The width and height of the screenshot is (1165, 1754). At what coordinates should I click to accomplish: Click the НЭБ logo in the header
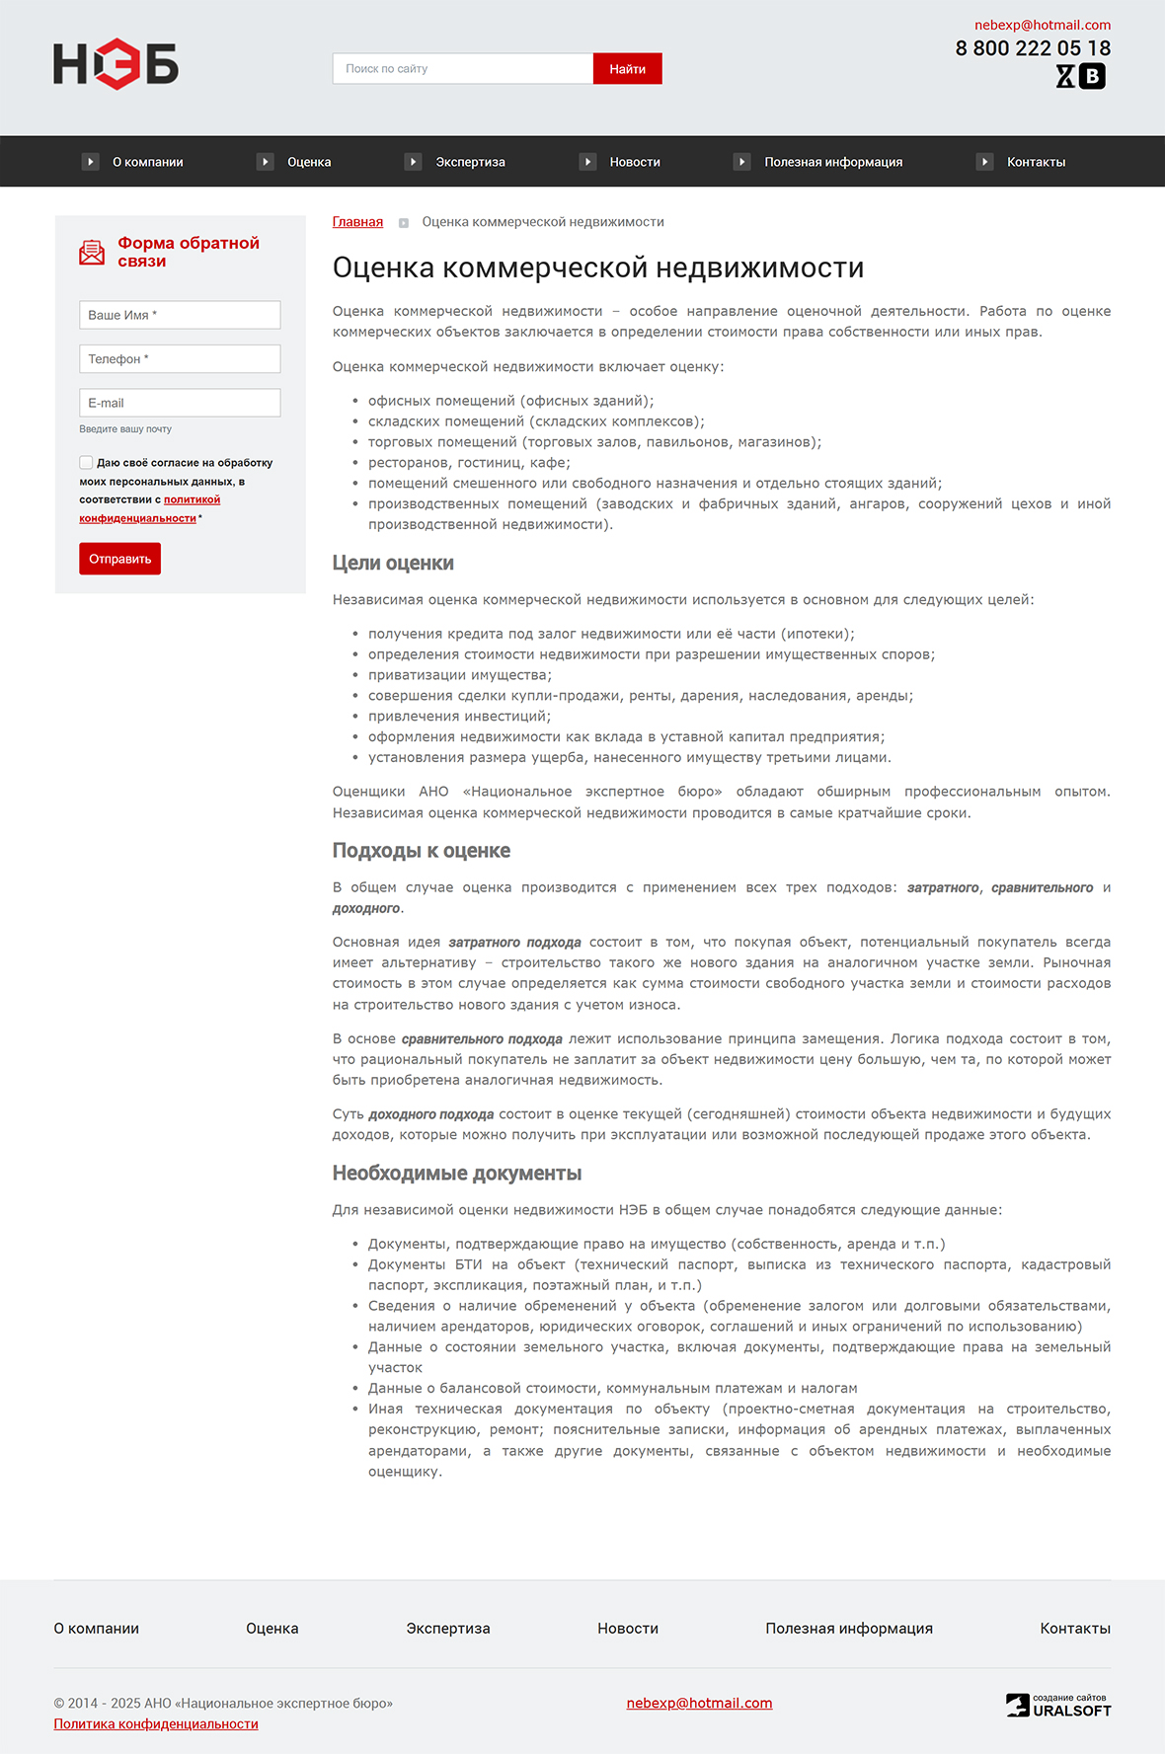tap(116, 64)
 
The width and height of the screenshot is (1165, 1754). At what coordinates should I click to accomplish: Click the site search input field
tap(462, 69)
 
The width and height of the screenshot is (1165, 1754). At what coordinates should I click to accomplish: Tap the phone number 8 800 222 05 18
tap(1032, 48)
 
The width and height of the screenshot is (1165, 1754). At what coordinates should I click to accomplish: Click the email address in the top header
tap(1042, 25)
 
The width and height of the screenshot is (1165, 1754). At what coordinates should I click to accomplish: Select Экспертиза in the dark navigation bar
tap(470, 162)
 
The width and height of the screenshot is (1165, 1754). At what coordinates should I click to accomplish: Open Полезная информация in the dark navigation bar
tap(832, 162)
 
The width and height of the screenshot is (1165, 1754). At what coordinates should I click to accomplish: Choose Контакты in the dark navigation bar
tap(1035, 162)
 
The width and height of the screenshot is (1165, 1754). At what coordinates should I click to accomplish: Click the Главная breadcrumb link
tap(357, 222)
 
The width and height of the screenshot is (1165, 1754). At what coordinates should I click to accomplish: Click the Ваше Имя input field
tap(180, 315)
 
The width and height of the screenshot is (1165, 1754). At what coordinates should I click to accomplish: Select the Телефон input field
tap(180, 358)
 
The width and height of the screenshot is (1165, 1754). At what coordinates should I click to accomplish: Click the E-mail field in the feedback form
tap(180, 403)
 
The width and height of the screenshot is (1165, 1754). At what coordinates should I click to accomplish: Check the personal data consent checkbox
tap(86, 462)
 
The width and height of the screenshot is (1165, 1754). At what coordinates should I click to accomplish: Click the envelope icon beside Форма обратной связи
tap(92, 253)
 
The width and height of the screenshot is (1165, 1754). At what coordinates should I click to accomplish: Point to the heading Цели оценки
tap(393, 564)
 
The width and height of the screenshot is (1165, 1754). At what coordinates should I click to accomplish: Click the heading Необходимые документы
tap(456, 1174)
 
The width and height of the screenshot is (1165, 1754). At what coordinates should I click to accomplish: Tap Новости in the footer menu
tap(627, 1629)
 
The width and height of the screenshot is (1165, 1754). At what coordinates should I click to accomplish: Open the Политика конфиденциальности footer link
tap(156, 1723)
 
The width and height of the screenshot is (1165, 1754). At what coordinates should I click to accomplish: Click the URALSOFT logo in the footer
tap(1058, 1706)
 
